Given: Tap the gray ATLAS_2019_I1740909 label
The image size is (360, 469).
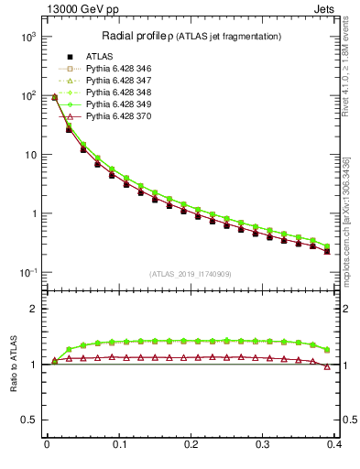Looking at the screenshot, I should tap(191, 274).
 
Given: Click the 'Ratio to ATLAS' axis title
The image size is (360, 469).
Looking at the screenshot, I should tap(13, 363).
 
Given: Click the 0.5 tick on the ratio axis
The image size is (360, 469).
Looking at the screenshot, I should tap(28, 420).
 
